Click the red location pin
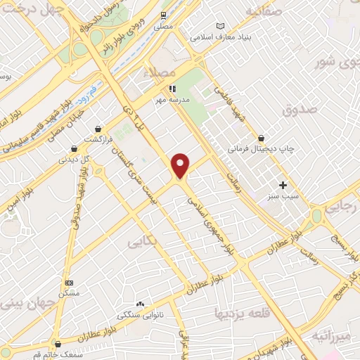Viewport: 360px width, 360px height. click(181, 165)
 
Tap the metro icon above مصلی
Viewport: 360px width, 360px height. click(164, 15)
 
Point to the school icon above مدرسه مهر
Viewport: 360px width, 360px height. click(172, 89)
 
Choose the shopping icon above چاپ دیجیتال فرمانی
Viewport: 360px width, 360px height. click(261, 138)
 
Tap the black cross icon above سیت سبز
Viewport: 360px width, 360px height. click(283, 186)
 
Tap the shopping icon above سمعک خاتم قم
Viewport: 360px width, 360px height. click(57, 344)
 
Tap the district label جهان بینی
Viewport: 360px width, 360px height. click(22, 302)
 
